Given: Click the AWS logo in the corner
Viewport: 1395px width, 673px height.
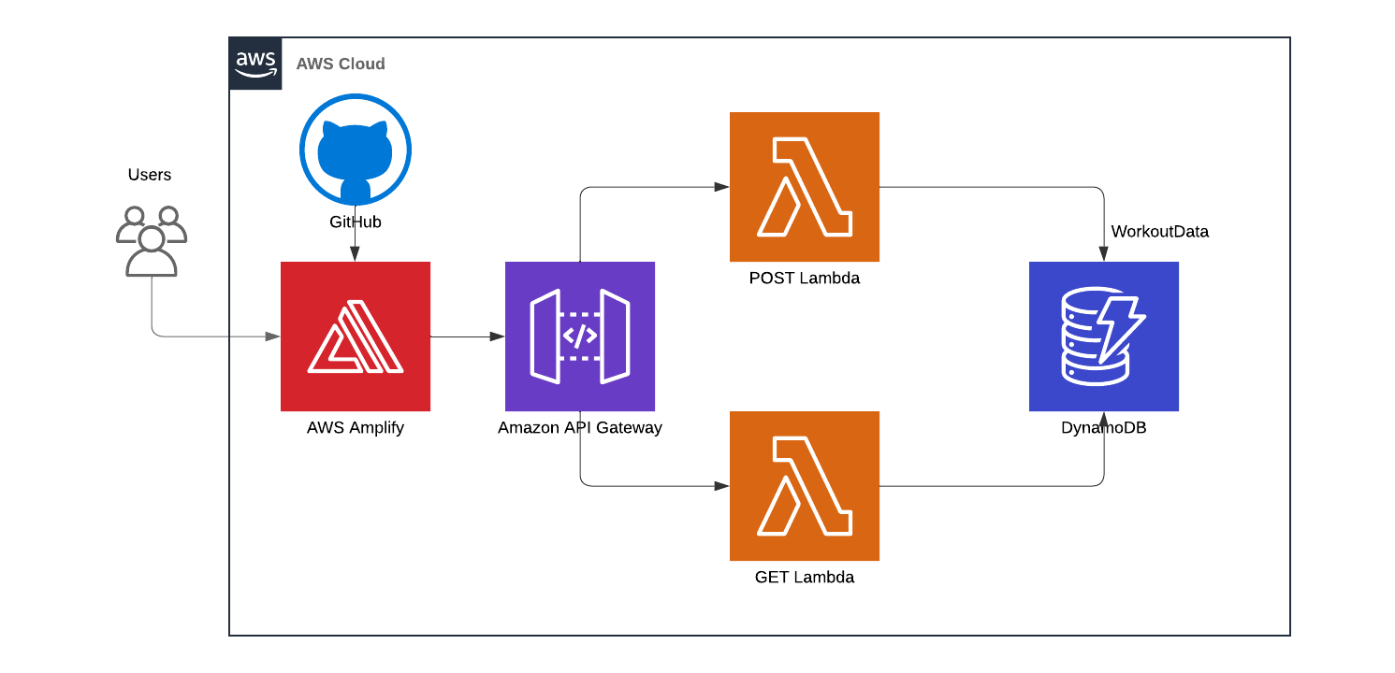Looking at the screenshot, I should pos(255,64).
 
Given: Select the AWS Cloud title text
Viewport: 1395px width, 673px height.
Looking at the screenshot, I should pos(341,64).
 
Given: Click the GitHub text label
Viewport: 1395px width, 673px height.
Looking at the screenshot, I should pos(356,222).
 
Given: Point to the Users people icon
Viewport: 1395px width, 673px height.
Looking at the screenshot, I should pos(151,241).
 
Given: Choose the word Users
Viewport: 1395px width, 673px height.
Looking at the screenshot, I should pos(150,175).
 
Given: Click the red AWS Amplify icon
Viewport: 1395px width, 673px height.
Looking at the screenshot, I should pos(356,336).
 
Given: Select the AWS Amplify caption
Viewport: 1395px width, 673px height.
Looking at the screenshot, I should pos(356,428).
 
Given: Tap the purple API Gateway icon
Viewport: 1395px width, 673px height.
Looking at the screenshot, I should pos(580,336).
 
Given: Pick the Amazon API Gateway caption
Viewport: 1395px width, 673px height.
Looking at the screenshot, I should pos(580,428).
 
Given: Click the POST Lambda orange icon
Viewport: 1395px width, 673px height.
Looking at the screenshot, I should pos(805,187).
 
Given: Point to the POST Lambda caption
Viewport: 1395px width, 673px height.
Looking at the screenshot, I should pos(805,279).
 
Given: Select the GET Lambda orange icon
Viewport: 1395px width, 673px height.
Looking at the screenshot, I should pos(805,486).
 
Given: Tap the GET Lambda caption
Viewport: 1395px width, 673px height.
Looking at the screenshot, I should pos(805,578).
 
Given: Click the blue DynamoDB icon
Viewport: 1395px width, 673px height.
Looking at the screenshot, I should pos(1104,336).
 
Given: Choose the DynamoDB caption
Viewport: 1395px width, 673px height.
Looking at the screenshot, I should pos(1104,428).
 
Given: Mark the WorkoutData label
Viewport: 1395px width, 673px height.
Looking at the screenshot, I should pos(1160,232).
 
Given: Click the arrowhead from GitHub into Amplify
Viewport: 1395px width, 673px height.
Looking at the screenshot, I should pos(356,255).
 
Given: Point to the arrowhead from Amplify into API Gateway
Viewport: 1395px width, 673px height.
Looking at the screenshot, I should pos(498,336).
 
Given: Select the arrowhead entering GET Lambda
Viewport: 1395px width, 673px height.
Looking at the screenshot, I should pos(722,486).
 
